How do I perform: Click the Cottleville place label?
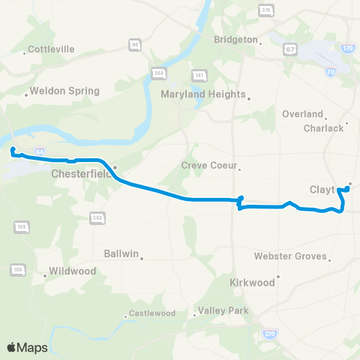(x=51, y=49)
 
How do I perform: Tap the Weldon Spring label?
(x=67, y=91)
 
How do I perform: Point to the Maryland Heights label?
(x=203, y=94)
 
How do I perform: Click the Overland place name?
(x=302, y=114)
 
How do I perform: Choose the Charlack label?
(x=323, y=127)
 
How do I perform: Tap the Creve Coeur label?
(x=209, y=165)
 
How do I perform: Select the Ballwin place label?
(x=122, y=254)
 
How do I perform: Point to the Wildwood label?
(x=68, y=271)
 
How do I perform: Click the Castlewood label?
(x=151, y=313)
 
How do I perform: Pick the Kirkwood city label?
(x=253, y=283)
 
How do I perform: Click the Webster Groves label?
(x=290, y=256)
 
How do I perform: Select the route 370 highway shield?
(x=265, y=10)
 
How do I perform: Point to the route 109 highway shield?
(x=22, y=226)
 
